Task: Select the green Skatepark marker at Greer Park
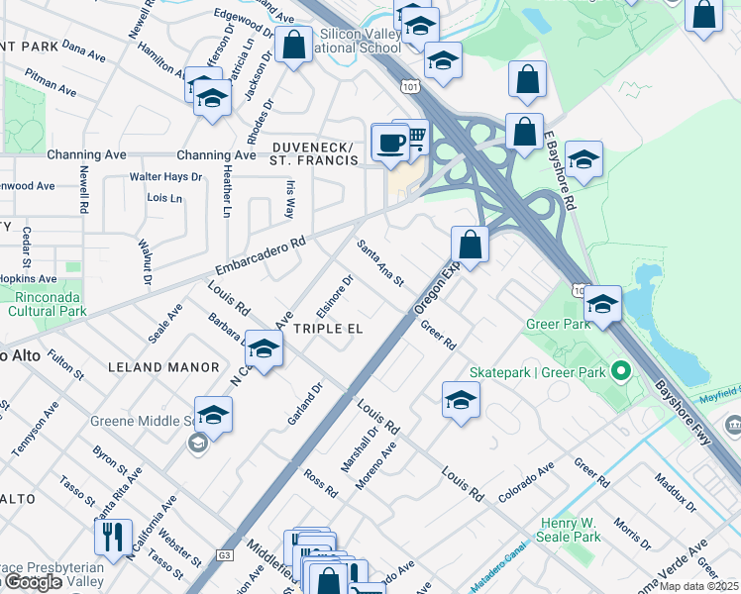[x=621, y=372]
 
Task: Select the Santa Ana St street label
[x=381, y=263]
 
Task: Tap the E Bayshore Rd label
[x=560, y=170]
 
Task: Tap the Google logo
[x=33, y=582]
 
